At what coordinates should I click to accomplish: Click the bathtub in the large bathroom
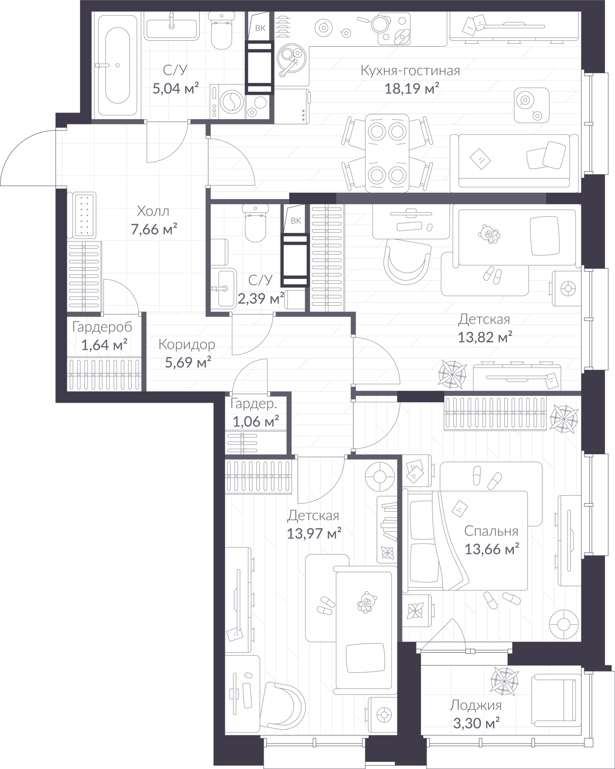tap(117, 64)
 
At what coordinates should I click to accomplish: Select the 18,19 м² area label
tap(411, 88)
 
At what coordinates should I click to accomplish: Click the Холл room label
tap(153, 211)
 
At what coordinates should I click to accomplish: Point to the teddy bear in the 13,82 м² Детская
tap(488, 234)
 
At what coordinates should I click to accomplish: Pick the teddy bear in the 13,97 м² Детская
tap(366, 602)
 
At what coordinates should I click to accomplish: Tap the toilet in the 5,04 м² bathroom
tap(221, 31)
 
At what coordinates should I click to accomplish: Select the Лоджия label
tap(475, 706)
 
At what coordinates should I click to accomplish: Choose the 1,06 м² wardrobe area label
tap(256, 422)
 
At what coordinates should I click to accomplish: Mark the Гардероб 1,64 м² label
tap(102, 336)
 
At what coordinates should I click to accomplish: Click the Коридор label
tap(187, 345)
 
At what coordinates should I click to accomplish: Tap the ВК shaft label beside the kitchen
tap(260, 28)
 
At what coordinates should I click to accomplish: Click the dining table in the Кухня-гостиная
tap(387, 153)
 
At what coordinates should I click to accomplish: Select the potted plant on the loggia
tap(504, 681)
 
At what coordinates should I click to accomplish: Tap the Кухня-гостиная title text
tap(410, 71)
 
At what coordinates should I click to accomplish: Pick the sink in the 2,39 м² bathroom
tap(224, 288)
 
